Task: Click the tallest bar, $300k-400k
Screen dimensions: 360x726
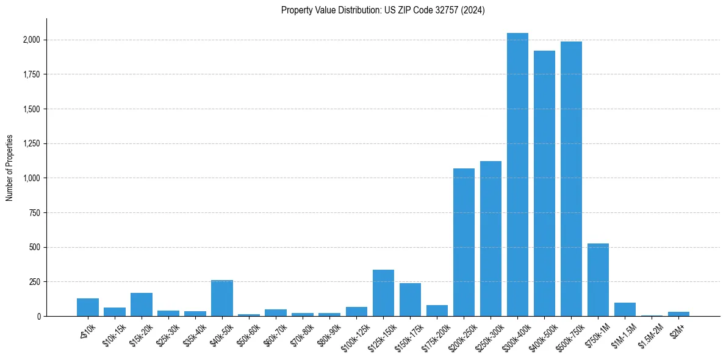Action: pos(517,175)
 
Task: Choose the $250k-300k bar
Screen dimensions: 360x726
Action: pos(491,239)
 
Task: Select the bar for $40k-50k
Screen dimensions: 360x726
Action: pos(222,298)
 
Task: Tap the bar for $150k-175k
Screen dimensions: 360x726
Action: pos(410,300)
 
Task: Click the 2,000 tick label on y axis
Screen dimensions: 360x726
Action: pos(32,40)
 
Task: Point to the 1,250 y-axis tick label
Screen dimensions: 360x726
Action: pos(32,144)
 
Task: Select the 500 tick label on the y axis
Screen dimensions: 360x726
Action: pos(35,248)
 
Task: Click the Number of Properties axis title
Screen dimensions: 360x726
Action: pos(9,167)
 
